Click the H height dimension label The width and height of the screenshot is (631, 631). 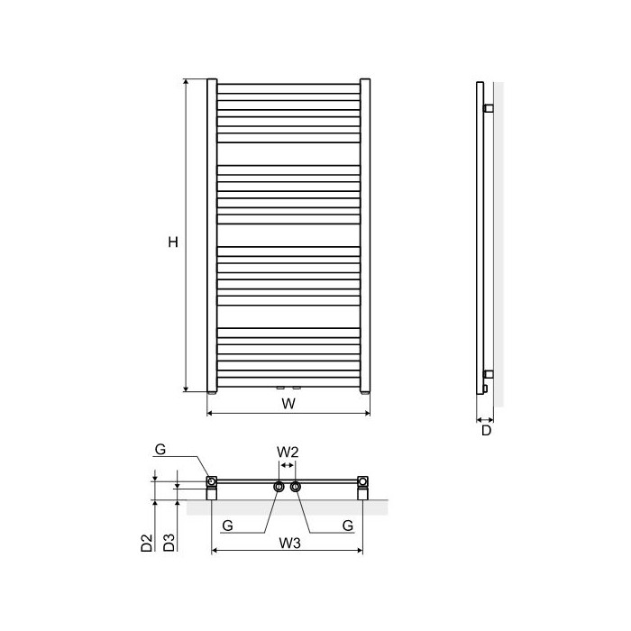point(173,242)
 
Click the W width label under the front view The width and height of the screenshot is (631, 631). point(288,404)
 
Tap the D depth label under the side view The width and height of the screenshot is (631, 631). point(487,431)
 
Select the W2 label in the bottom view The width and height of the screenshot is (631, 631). point(288,452)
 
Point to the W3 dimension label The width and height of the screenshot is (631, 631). point(289,543)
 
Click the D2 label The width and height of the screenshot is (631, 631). point(147,543)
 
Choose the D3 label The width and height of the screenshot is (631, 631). point(169,543)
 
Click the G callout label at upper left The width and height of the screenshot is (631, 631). point(160,450)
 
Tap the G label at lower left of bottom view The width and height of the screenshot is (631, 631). point(227,526)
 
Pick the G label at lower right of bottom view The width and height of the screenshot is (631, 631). point(348,526)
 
